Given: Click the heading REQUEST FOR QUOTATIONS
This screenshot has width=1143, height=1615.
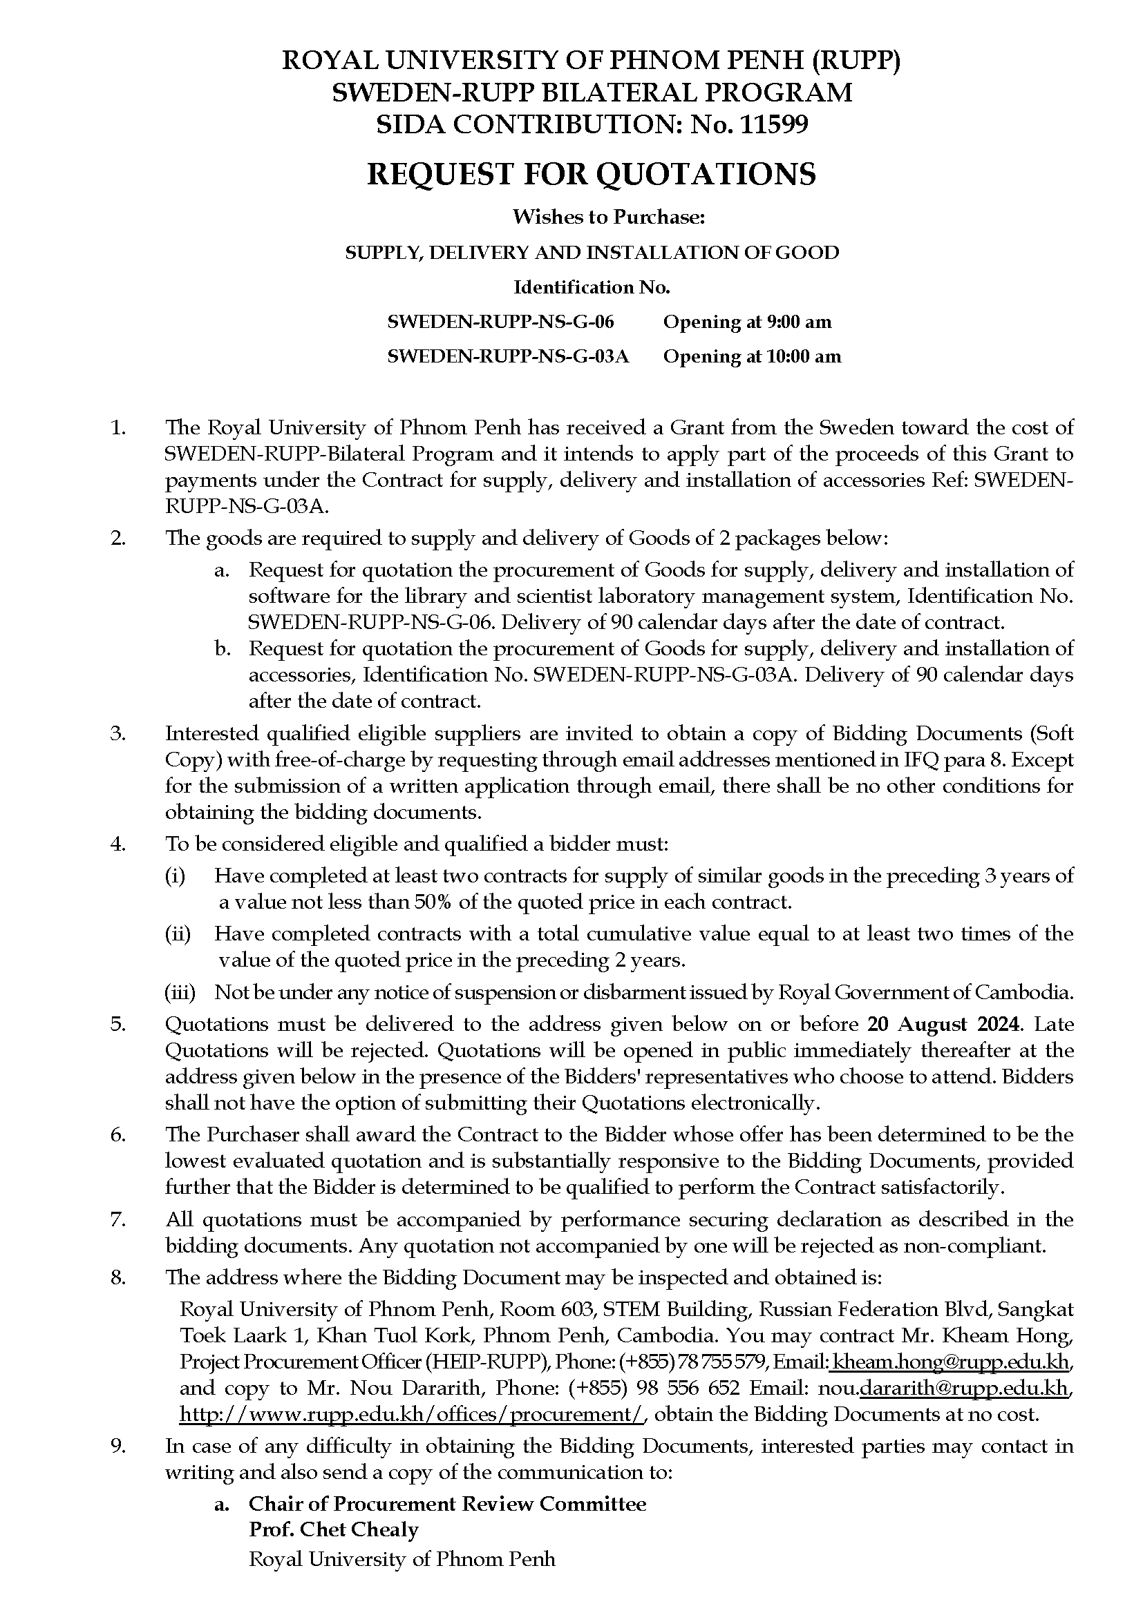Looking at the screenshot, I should coord(592,174).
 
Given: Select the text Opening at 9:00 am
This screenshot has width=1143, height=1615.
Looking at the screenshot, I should coord(748,322).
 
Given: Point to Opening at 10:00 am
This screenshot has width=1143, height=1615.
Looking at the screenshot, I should coord(752,356).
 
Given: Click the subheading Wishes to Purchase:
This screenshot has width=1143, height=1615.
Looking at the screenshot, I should coord(608,217).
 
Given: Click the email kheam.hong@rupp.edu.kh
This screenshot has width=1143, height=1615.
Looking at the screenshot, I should coord(951,1362).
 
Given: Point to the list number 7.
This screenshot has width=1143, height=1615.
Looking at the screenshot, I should coord(117,1219).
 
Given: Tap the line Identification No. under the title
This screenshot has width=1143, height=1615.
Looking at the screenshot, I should coord(592,287).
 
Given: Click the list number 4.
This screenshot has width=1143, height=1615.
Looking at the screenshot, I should coord(117,843).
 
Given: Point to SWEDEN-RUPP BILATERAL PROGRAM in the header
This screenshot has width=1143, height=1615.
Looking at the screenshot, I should coord(592,93).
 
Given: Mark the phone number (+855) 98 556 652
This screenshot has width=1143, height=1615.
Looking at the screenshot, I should coord(654,1389).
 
